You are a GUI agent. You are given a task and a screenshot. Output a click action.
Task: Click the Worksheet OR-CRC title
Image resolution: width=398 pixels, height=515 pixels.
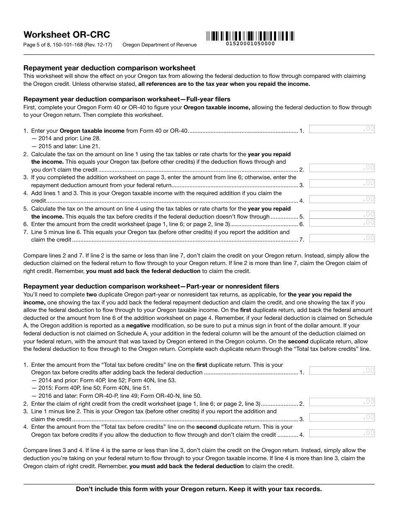67,35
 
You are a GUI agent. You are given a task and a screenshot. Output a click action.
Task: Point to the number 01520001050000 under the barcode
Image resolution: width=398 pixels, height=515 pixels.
250,44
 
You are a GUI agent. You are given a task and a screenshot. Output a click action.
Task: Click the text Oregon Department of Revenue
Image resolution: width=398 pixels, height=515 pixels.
159,45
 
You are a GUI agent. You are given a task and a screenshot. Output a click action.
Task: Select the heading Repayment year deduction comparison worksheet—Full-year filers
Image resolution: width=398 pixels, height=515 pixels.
127,99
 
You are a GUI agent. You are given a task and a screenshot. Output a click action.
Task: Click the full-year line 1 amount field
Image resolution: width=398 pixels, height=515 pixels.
342,129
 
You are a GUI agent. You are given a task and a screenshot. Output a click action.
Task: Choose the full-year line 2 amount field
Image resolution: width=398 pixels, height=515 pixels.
342,168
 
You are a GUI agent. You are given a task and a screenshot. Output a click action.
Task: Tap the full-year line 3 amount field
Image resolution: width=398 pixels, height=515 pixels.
342,183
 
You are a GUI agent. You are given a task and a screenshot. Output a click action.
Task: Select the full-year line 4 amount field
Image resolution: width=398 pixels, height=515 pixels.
342,199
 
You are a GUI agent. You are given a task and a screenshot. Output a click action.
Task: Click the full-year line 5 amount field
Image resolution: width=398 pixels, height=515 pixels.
342,215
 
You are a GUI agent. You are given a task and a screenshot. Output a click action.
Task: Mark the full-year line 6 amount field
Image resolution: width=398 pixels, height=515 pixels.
342,222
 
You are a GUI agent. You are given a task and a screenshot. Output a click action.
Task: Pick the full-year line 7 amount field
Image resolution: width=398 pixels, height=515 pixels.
342,238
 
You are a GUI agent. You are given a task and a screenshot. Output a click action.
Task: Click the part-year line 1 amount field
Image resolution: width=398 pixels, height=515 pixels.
342,371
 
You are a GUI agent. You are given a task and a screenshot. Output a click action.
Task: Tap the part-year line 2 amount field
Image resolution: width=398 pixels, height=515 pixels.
342,402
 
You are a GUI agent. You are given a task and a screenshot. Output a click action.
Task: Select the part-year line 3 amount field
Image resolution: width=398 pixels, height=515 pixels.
342,417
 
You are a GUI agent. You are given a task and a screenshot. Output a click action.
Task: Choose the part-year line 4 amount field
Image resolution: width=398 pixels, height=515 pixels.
342,433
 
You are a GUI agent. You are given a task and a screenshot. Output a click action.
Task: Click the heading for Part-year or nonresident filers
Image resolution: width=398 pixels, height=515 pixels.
151,286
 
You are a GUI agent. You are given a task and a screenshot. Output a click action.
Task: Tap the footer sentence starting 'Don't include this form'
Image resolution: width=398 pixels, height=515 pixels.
199,489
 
